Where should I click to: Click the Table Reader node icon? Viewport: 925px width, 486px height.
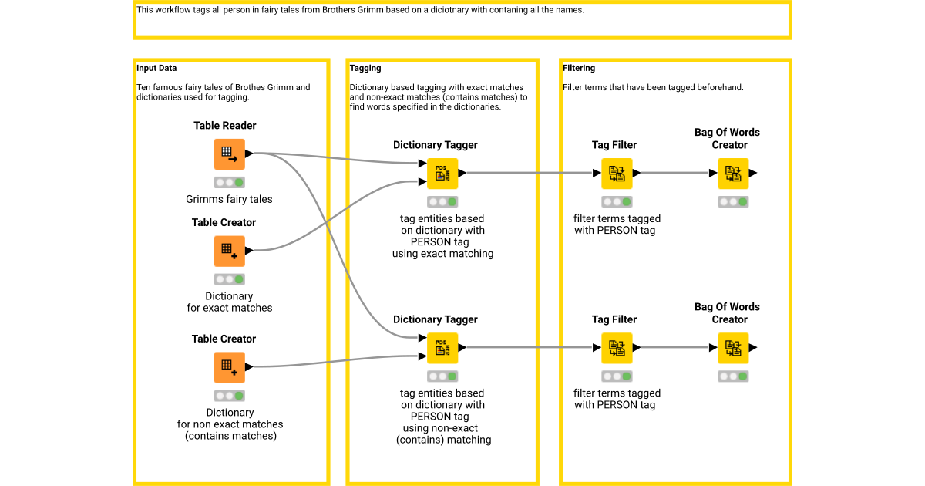pos(229,154)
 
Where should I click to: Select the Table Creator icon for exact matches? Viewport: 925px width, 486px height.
pos(229,251)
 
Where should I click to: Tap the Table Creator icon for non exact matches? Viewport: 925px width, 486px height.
pos(229,367)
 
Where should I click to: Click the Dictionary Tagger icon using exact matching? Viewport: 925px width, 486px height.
pos(442,174)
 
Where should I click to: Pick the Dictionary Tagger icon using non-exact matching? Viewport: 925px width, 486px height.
pos(442,348)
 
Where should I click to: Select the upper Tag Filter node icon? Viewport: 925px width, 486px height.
pos(617,174)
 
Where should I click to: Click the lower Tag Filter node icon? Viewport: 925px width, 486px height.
pos(617,348)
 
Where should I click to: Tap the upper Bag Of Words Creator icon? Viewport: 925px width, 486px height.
pos(733,174)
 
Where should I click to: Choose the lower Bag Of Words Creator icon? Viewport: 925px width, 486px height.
pos(733,348)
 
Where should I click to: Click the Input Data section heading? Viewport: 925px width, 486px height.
pos(156,69)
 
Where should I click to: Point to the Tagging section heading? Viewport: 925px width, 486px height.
pos(365,69)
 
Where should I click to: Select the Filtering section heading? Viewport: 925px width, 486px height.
pos(579,69)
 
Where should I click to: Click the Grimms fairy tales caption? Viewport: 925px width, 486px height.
pos(229,199)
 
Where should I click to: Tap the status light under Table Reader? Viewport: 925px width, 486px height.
pos(229,183)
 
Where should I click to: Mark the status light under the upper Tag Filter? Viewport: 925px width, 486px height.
pos(617,202)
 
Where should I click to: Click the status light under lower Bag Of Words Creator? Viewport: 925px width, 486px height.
pos(733,376)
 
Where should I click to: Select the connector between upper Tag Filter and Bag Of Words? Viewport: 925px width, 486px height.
pos(674,174)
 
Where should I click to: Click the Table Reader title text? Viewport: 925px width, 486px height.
pos(225,126)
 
